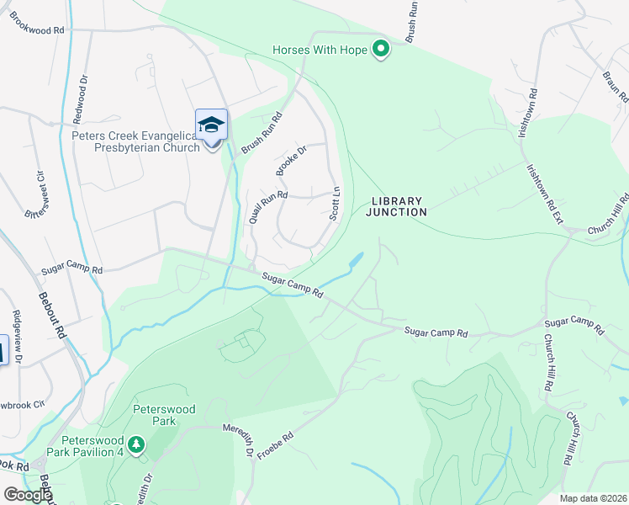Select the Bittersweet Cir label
point(36,194)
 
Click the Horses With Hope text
point(320,50)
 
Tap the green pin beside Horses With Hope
point(381,50)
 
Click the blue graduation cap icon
point(211,125)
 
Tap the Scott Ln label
point(336,203)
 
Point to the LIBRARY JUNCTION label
point(396,206)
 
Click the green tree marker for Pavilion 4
point(135,442)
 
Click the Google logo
point(27,495)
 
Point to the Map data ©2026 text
point(594,498)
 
